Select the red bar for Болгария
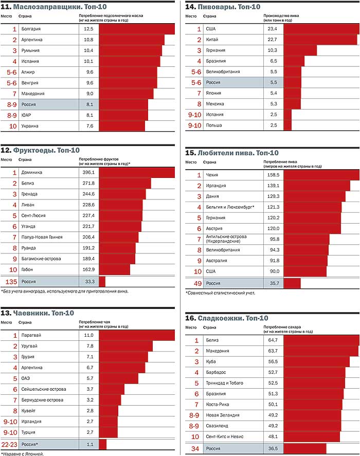click(136, 29)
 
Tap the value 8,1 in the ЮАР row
click(88, 115)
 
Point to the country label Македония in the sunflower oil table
click(33, 94)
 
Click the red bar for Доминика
click(136, 172)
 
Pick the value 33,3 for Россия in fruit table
click(88, 281)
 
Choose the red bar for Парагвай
click(136, 335)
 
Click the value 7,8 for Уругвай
click(88, 346)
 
